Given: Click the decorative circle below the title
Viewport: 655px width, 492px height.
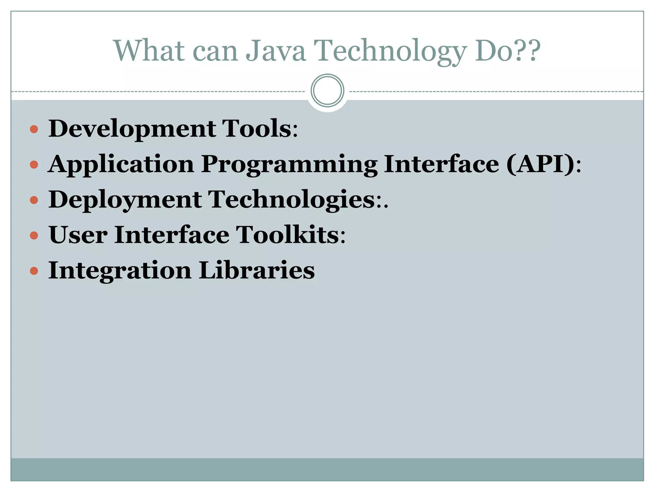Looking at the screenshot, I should point(327,91).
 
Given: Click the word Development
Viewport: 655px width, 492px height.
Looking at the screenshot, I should point(132,129).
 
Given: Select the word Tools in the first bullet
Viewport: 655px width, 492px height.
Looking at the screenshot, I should point(256,129).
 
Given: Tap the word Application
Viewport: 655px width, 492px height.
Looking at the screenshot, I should point(121,164).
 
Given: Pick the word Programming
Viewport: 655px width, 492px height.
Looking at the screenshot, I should point(289,164).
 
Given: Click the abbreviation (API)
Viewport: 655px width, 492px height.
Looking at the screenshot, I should point(540,164).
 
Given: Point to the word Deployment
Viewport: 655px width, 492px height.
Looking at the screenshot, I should point(125,200).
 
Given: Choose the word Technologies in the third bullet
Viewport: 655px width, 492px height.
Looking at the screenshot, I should point(292,200).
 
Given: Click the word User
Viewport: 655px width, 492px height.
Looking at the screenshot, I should point(78,235).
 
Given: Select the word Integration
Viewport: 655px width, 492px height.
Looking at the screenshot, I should point(120,271).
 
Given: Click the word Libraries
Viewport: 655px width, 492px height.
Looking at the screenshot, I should point(256,271).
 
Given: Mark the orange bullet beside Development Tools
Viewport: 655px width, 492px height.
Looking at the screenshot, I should point(34,129).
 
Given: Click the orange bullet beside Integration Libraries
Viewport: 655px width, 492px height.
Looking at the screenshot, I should point(34,271).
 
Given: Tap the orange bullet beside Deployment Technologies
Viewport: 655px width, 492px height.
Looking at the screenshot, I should point(34,201).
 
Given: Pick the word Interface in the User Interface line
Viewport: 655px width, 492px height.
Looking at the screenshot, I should point(172,235).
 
